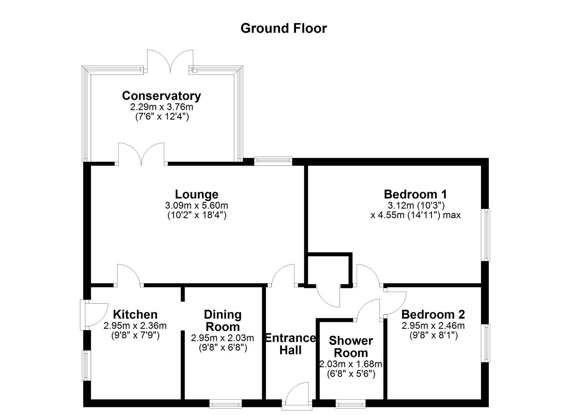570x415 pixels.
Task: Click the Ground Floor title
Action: coord(283,28)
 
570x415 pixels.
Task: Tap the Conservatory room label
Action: coord(161,95)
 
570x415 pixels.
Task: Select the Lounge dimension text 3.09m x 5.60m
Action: coord(197,206)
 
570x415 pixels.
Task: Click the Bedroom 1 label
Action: coord(415,194)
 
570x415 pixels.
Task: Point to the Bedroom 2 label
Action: coord(433,314)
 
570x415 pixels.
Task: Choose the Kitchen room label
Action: coord(135,314)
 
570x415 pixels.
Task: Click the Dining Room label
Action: coord(223,320)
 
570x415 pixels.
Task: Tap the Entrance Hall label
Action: coord(291,344)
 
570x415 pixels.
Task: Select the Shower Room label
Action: coord(350,347)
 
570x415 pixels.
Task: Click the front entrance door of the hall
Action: coord(297,394)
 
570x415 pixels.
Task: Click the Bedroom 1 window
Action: coord(486,235)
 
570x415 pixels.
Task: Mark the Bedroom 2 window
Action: coord(486,343)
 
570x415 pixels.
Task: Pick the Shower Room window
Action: coord(350,404)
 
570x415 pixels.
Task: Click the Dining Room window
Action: coord(225,404)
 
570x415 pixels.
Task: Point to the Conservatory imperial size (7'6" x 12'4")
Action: coord(162,116)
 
